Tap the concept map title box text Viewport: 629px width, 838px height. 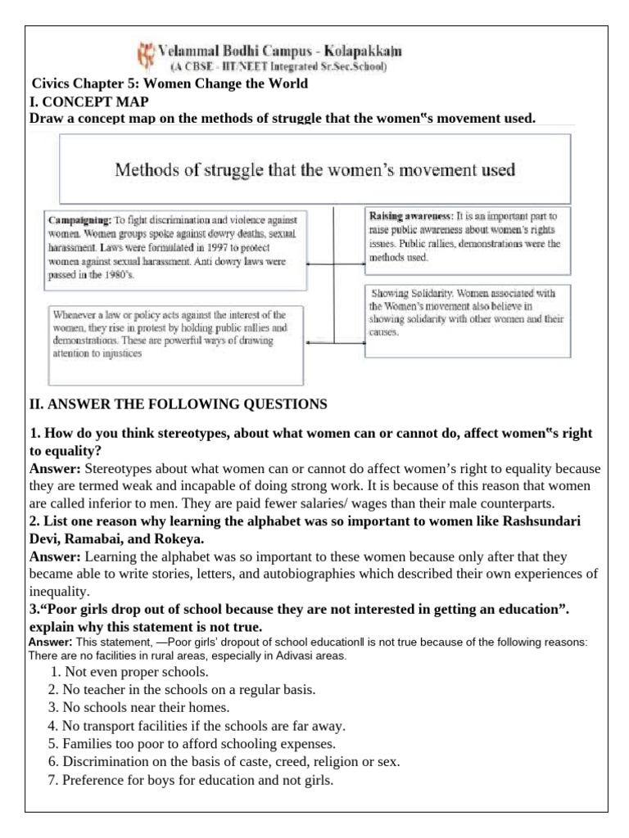(314, 170)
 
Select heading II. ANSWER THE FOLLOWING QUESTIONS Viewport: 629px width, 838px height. (178, 403)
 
